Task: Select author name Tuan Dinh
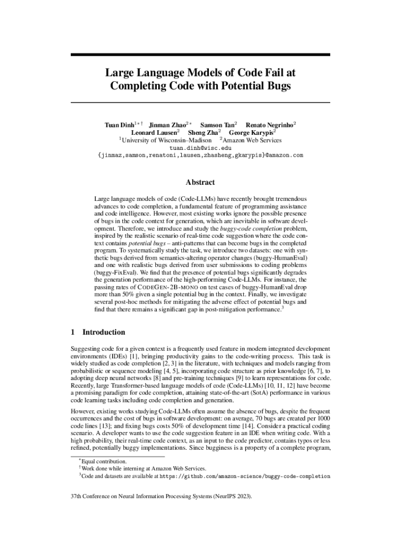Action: pos(119,125)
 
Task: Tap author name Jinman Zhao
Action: pos(168,125)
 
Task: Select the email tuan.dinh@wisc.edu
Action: pos(200,148)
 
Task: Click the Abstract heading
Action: pos(200,182)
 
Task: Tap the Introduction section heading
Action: pos(104,332)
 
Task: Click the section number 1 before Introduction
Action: pos(73,332)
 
